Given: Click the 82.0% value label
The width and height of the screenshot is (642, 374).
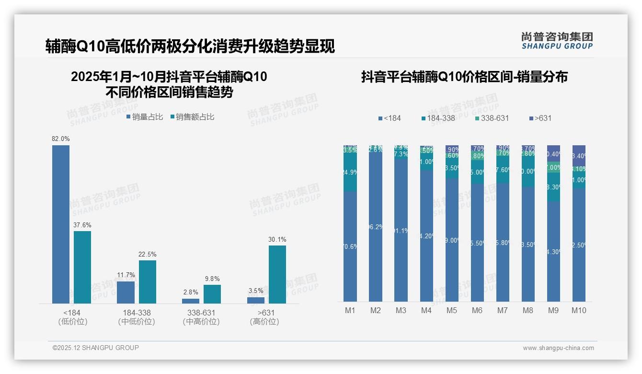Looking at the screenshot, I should pos(61,139).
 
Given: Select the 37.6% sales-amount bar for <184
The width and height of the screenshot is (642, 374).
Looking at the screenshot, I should pos(82,267).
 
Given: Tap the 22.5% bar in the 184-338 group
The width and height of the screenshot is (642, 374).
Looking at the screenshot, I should pos(148,281).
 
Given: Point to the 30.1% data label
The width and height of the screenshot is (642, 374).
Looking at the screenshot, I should pos(277,240).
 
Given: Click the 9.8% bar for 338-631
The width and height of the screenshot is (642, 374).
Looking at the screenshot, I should pos(212,294).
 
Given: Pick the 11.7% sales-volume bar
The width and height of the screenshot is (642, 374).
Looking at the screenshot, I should pos(126,292).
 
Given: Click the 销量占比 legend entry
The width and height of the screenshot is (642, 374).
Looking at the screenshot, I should pos(145,117).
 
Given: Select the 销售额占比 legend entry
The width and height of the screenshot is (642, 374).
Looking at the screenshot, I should pos(192,117).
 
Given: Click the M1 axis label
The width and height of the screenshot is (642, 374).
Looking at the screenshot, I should pos(350,311).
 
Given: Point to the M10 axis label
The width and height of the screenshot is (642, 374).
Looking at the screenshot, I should pos(579,311).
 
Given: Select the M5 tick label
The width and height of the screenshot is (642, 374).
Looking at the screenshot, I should pos(452,311).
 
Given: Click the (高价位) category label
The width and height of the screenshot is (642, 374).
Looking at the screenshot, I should pos(264,322).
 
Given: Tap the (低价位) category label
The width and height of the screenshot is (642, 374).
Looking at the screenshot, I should pos(72,322).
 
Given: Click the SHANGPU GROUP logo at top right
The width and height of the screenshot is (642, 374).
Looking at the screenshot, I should pos(557,41).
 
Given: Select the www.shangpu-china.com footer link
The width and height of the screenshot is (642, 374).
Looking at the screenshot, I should pos(558,348).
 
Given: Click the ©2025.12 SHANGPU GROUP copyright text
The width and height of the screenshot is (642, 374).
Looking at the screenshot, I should pos(96,348).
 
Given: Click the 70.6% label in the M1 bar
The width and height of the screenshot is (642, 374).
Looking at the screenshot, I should pos(350,247).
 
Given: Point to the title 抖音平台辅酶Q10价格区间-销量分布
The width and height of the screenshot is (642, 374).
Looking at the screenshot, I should pos(464,77).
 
